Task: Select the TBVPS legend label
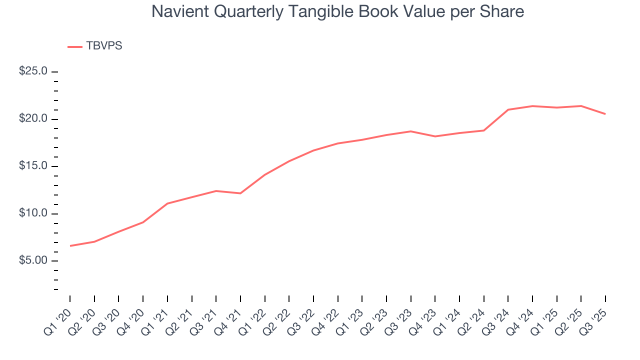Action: click(104, 46)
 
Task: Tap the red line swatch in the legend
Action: click(74, 46)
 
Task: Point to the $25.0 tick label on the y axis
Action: click(33, 71)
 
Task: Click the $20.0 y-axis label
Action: click(33, 119)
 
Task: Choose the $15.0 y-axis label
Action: click(33, 166)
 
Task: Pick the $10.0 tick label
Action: click(33, 213)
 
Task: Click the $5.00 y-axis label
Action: click(33, 261)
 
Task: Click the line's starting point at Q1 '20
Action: click(70, 246)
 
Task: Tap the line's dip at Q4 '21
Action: click(240, 193)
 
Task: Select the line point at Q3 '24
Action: click(508, 109)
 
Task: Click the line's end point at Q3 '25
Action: click(605, 114)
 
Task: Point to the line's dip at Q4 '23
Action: click(435, 136)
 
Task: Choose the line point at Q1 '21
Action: click(167, 203)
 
